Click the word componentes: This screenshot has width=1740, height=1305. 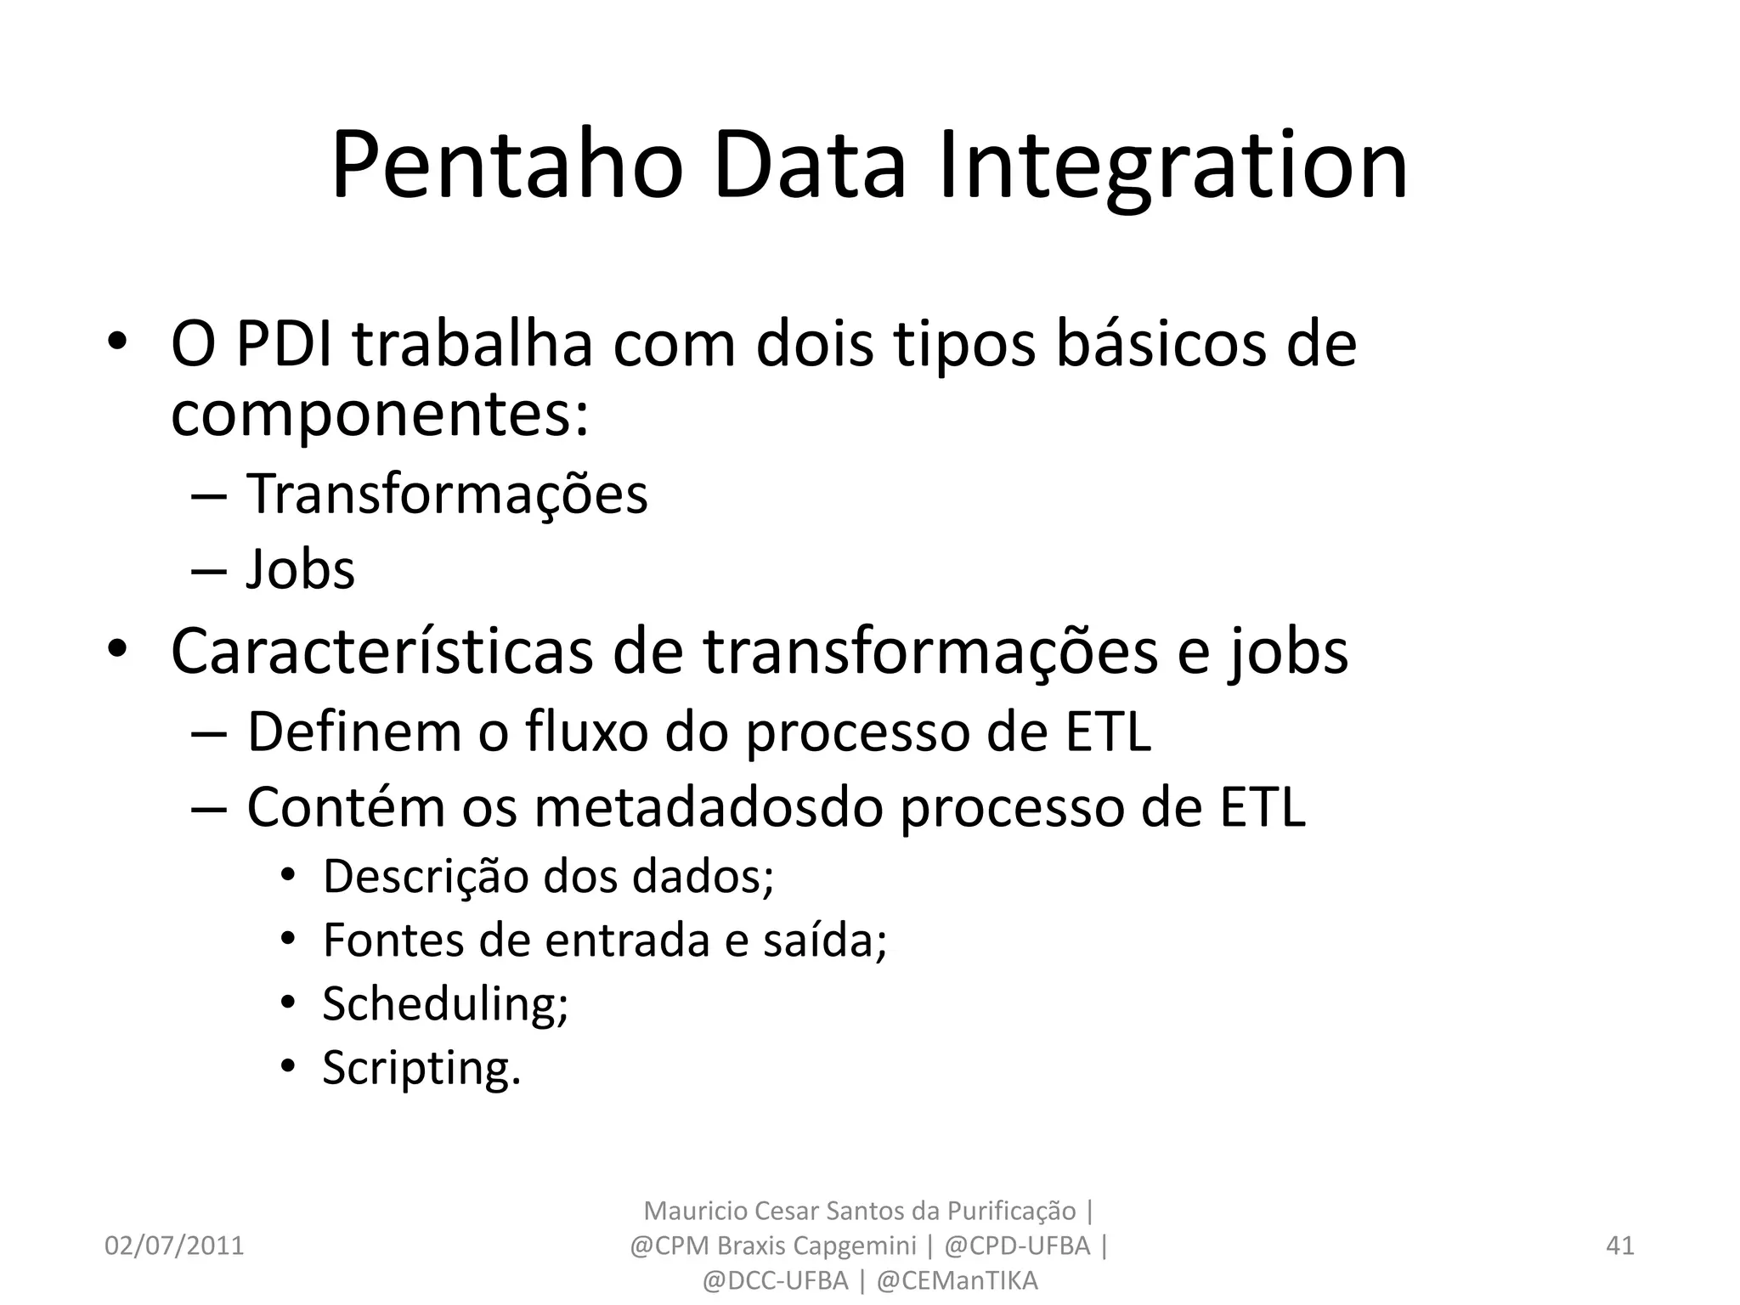[380, 415]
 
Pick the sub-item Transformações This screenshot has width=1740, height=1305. [447, 494]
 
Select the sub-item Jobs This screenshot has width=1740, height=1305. [301, 569]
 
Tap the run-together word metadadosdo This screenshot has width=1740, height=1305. [709, 807]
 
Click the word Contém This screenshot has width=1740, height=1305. [346, 807]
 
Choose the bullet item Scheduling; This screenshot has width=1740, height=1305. [445, 1004]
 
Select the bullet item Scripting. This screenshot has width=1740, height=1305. [421, 1069]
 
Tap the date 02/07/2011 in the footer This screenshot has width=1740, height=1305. [174, 1246]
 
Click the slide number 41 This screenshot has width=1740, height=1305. [1620, 1246]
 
